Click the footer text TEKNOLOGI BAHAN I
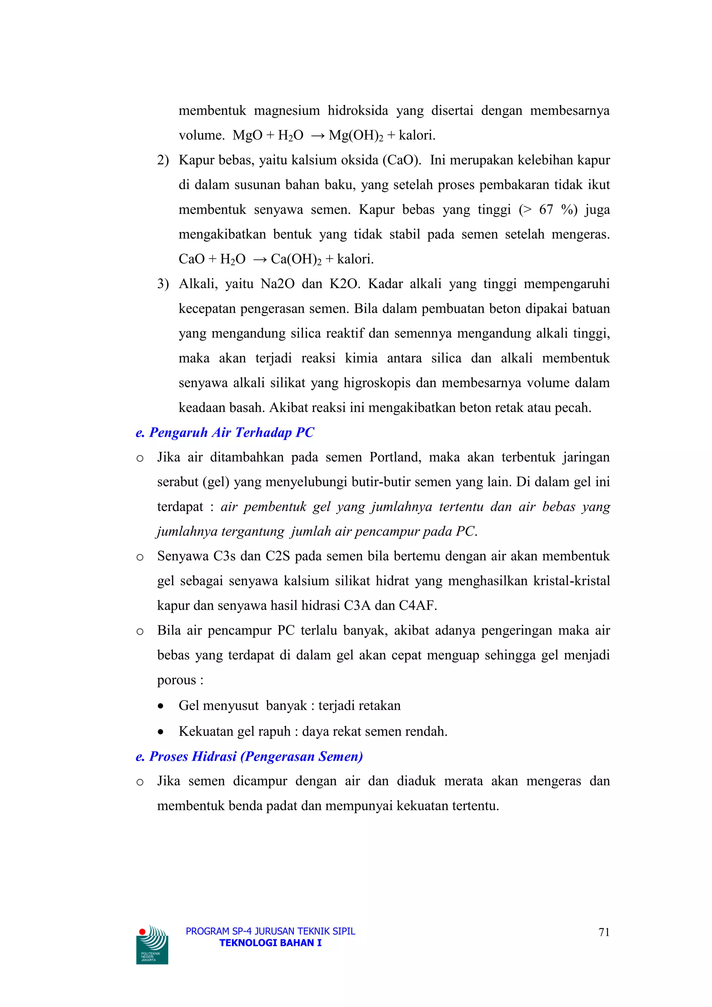[270, 943]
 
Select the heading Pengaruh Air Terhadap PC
[225, 432]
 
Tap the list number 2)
[163, 160]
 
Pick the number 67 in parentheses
[546, 210]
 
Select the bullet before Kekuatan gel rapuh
[161, 732]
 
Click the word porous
[176, 680]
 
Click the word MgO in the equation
[247, 136]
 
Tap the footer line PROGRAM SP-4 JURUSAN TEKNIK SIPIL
[270, 931]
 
